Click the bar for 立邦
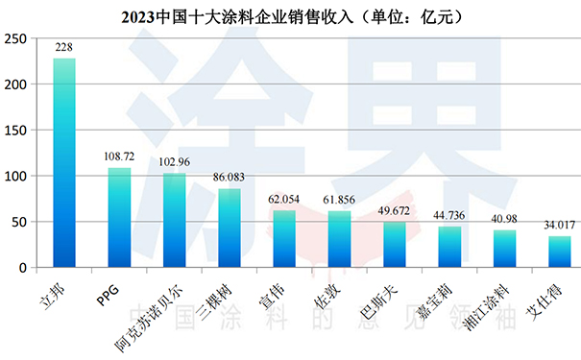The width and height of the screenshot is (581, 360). tap(64, 163)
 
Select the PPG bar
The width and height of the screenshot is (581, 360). tap(119, 218)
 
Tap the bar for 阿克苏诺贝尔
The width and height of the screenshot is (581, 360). tap(174, 221)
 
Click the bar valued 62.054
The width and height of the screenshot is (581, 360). tap(284, 239)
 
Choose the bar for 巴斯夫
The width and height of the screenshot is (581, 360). tap(395, 245)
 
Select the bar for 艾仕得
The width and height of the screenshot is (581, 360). tap(560, 252)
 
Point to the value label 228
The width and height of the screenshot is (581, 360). tap(64, 48)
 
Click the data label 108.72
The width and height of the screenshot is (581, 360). tap(119, 156)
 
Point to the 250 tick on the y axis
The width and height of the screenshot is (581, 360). tap(16, 39)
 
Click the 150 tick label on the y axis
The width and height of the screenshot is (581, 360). tap(16, 131)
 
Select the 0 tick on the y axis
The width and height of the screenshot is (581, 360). tap(26, 268)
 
